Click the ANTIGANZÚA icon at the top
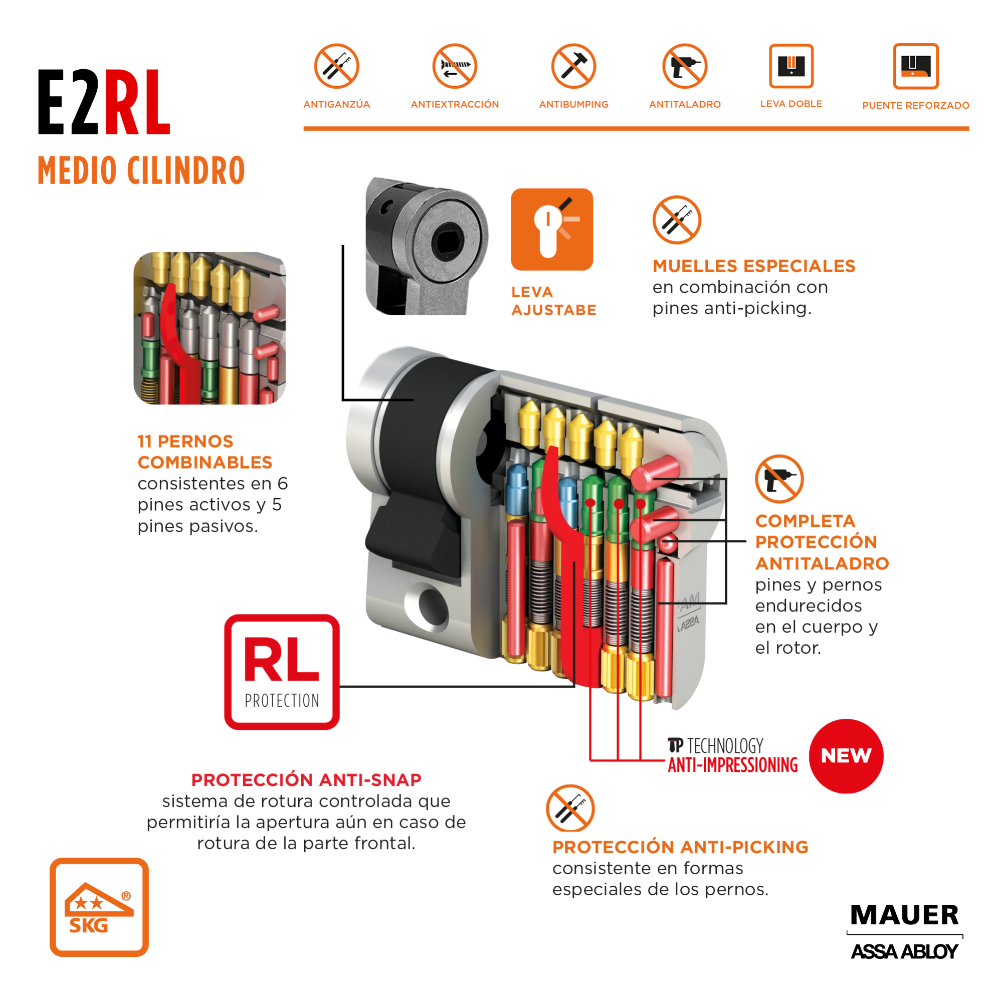coord(337,66)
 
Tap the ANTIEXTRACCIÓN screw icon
coord(455,66)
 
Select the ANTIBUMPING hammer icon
coord(573,66)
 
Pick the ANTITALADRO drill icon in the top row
coord(685,66)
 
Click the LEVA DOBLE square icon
coord(791,66)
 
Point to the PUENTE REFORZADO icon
coord(915,66)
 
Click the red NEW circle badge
coord(846,756)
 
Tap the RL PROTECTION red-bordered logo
coord(282,672)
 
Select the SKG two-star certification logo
coord(99,907)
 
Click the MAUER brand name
coord(904,915)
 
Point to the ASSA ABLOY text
coord(904,952)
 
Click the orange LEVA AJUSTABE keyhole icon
coord(552,229)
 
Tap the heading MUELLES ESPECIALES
coord(753,266)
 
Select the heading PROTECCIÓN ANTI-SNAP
coord(306,780)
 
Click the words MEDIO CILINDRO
coord(141,170)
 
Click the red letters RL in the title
coord(137,104)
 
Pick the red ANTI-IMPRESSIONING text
coord(732,765)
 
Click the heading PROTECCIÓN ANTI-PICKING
coord(680,847)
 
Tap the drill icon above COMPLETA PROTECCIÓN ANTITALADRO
coord(779,479)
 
